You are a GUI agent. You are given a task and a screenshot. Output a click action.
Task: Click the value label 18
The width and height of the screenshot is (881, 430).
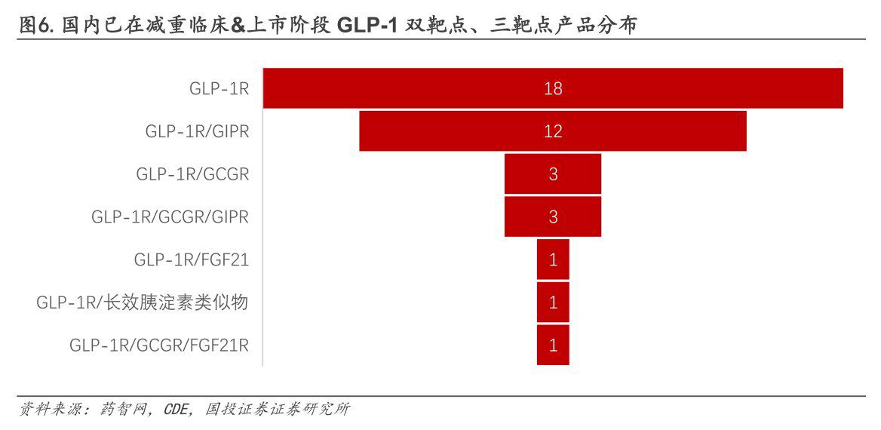pyautogui.click(x=553, y=88)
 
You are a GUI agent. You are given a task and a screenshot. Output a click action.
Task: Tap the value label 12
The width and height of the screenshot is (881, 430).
pyautogui.click(x=553, y=131)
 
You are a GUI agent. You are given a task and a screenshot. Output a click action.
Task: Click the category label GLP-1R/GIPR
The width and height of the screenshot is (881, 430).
pyautogui.click(x=197, y=131)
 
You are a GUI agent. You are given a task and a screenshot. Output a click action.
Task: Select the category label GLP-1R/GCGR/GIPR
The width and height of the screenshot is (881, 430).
pyautogui.click(x=170, y=217)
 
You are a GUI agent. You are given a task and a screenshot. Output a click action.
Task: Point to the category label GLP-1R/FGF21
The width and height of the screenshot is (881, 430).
pyautogui.click(x=192, y=260)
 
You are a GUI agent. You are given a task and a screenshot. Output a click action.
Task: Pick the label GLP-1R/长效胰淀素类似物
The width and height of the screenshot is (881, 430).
pyautogui.click(x=143, y=303)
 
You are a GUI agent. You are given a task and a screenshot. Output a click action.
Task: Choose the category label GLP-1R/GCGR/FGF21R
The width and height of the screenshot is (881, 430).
pyautogui.click(x=159, y=346)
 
